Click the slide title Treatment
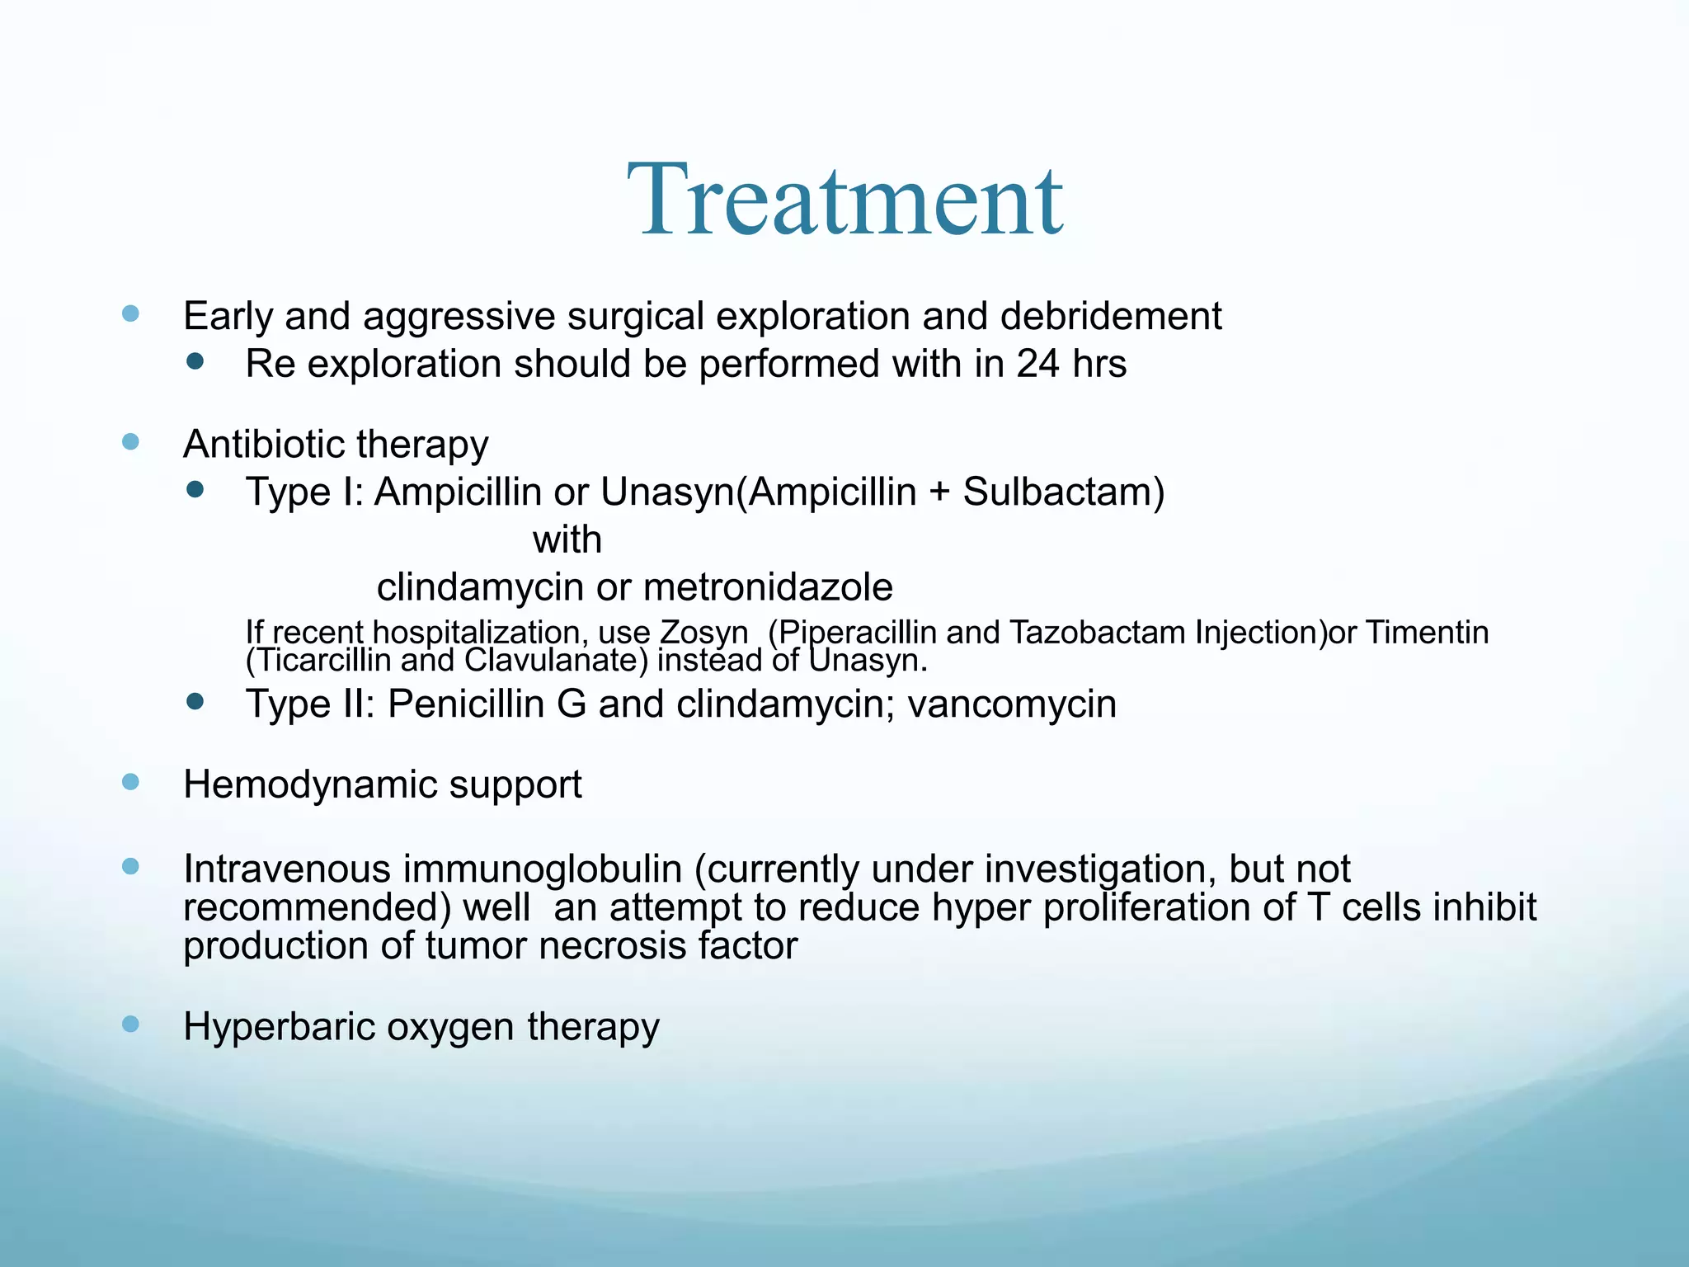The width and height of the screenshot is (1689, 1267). [x=844, y=200]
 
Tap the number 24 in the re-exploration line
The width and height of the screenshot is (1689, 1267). [x=1037, y=364]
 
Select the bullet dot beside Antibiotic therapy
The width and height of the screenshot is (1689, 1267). [x=130, y=442]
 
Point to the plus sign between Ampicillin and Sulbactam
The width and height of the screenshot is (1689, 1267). [x=939, y=493]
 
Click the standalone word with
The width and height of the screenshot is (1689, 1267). [x=567, y=540]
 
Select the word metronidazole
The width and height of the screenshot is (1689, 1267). [x=768, y=587]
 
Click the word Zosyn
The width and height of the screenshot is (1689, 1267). [x=703, y=633]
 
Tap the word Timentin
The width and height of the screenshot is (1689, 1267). [x=1428, y=633]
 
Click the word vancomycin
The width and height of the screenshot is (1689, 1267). [x=1012, y=704]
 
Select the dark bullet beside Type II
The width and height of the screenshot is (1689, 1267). [x=195, y=702]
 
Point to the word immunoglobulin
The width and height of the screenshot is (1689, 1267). [x=543, y=869]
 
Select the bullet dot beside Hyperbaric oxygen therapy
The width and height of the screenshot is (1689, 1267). [x=130, y=1024]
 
